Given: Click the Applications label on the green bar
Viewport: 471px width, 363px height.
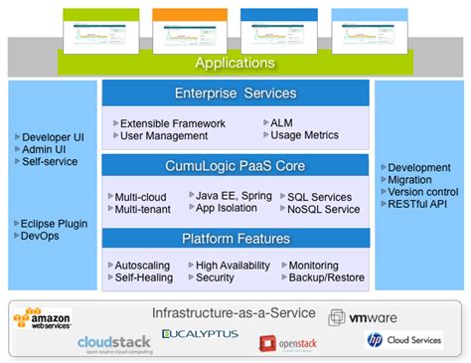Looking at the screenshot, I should [x=235, y=64].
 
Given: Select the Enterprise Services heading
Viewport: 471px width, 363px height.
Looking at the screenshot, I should [x=235, y=93].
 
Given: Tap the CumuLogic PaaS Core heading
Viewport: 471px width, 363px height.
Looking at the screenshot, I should [x=235, y=166].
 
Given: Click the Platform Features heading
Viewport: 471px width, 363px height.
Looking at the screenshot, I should [x=235, y=239].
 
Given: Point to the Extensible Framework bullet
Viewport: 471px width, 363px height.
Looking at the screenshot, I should [x=172, y=123].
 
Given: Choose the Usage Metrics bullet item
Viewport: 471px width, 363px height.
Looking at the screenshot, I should [x=303, y=135].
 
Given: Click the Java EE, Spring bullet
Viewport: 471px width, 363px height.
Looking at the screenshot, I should [x=233, y=197].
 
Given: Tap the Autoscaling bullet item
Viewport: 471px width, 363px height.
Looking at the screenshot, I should [x=142, y=267].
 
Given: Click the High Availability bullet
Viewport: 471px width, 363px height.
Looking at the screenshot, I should [x=233, y=267].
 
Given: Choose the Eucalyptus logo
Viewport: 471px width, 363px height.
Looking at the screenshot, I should [x=200, y=333].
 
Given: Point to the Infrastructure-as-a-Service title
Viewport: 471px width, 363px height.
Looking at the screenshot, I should [x=235, y=313].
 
